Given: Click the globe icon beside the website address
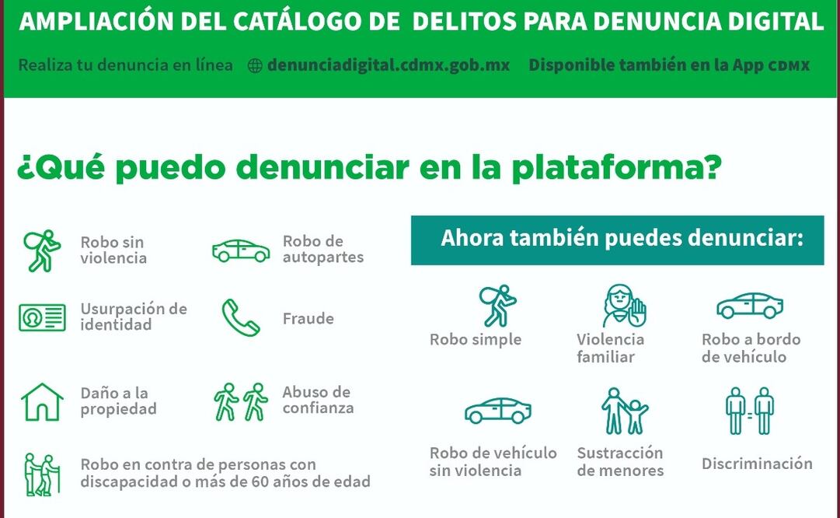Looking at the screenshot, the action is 255,65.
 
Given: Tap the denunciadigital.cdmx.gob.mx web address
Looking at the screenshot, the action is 389,65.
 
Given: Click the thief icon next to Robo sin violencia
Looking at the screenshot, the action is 42,250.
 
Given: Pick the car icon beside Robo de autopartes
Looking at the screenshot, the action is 241,250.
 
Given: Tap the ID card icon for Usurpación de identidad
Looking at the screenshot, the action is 42,317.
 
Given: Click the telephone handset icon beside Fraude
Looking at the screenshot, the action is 241,317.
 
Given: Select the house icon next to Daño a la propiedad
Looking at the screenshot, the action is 42,401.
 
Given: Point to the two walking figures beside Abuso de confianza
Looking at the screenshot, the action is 241,401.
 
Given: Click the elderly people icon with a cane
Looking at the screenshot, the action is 42,474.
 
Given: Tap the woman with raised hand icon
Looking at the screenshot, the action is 624,306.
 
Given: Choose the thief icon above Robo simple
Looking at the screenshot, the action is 497,306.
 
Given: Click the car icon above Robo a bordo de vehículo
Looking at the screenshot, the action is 750,306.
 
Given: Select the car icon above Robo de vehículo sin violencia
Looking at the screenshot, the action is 498,411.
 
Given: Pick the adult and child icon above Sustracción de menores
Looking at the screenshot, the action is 624,411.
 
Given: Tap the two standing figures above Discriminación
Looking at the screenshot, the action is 750,411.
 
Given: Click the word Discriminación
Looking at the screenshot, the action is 757,464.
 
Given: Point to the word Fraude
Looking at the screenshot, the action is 308,319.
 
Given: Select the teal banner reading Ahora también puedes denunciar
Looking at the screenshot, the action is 617,240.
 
